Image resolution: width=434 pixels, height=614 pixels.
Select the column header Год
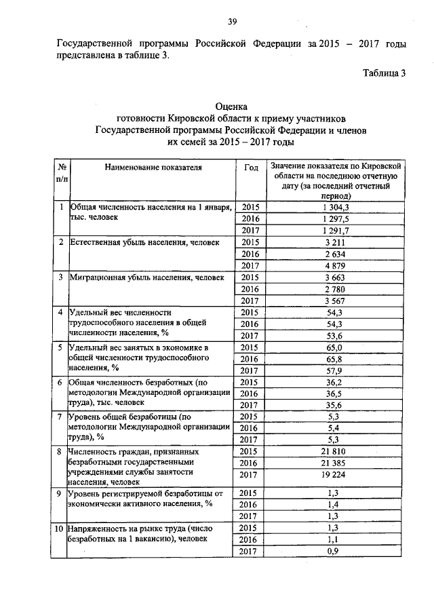[250, 166]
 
